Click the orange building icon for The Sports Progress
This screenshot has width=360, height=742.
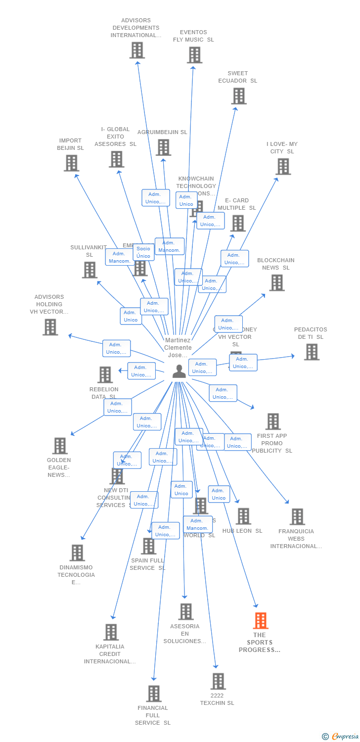pos(261,620)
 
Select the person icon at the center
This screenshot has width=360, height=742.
pos(179,371)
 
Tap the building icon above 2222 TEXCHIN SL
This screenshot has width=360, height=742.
pos(218,681)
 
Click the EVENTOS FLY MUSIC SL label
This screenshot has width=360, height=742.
pos(193,36)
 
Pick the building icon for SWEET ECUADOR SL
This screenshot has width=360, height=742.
pos(238,96)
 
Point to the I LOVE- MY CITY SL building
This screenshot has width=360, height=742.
pos(283,167)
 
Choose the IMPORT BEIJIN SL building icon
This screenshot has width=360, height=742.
pos(71,163)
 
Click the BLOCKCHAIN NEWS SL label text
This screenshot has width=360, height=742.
pos(275,264)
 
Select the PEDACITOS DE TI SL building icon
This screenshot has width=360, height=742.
pos(312,352)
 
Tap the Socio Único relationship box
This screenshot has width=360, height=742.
pos(143,252)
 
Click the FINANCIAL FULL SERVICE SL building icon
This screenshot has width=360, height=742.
pos(154,694)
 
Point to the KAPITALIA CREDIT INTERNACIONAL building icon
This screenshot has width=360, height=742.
pos(111,632)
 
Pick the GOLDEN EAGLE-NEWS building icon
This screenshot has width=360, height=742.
pos(60,446)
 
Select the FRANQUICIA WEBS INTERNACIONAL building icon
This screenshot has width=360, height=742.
pos(297,517)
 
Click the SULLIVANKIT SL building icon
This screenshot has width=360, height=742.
pos(90,270)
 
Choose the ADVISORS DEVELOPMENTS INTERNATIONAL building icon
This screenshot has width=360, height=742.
pos(137,50)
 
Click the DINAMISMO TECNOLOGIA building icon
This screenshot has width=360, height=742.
pos(77,553)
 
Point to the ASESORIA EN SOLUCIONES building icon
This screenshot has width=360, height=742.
pos(185,612)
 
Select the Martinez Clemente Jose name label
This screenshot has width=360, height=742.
pos(178,348)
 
